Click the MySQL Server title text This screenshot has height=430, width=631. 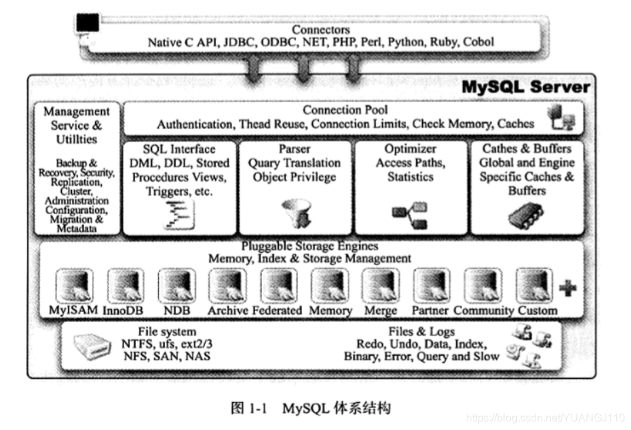(527, 87)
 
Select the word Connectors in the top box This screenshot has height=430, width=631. (321, 30)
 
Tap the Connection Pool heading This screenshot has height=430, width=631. (345, 110)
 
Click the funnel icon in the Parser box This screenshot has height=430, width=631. (294, 213)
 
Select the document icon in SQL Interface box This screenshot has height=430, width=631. (179, 214)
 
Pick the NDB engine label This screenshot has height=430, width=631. (176, 310)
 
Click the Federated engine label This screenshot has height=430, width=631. (277, 310)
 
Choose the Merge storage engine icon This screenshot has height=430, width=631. (379, 286)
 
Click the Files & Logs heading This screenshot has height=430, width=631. (421, 332)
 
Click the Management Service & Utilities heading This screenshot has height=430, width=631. (76, 126)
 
